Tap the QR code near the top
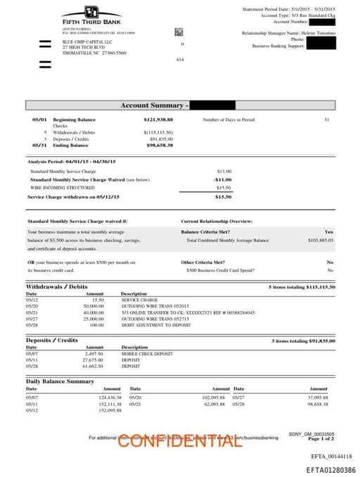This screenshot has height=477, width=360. pyautogui.click(x=179, y=32)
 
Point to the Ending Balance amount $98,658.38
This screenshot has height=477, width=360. pyautogui.click(x=160, y=145)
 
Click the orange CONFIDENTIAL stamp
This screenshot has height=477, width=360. pyautogui.click(x=174, y=441)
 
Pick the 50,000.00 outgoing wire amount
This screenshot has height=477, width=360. pyautogui.click(x=94, y=306)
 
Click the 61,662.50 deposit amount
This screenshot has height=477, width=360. pyautogui.click(x=94, y=366)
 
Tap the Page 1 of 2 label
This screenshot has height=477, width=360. pyautogui.click(x=321, y=438)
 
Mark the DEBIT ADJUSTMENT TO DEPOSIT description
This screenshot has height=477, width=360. pyautogui.click(x=155, y=325)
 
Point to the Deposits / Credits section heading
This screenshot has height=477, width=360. pyautogui.click(x=52, y=341)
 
